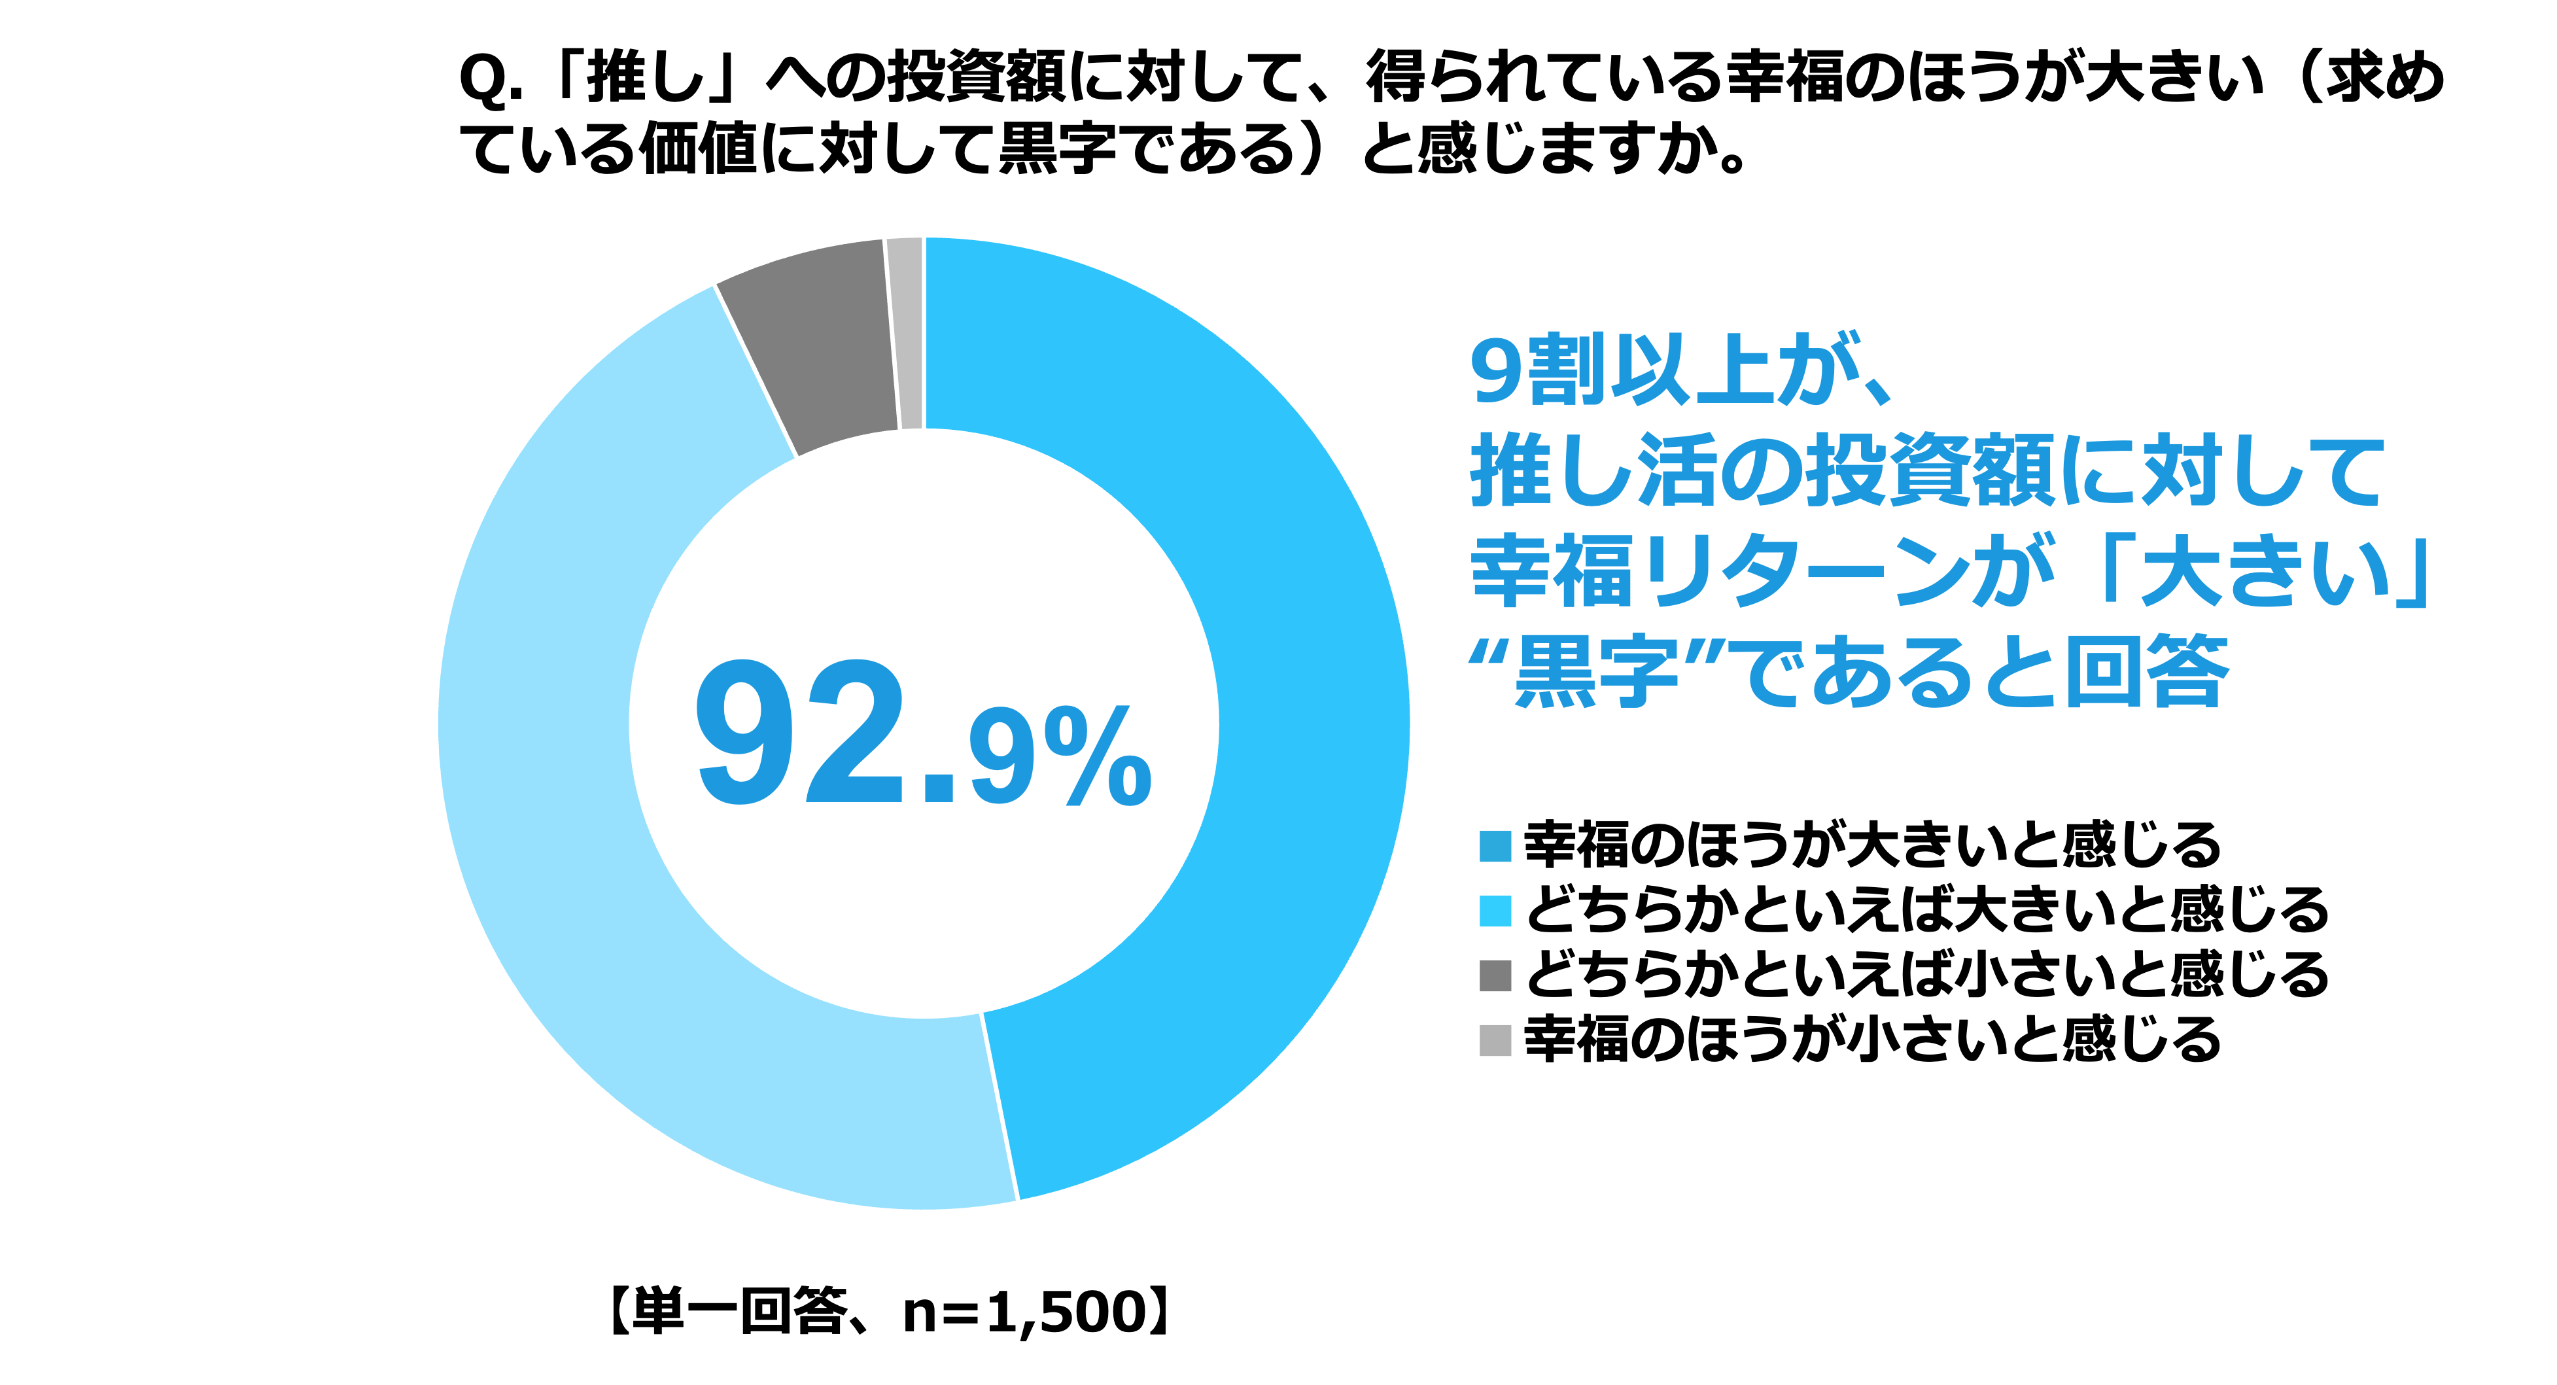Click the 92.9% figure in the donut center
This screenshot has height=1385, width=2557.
[x=923, y=735]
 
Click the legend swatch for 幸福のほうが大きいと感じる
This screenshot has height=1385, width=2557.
[x=1495, y=846]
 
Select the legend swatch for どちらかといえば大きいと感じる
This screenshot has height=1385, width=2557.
[x=1495, y=911]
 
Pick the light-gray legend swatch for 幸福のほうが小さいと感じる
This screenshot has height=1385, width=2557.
[x=1495, y=1040]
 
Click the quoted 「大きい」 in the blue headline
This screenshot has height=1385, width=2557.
[x=2263, y=573]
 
